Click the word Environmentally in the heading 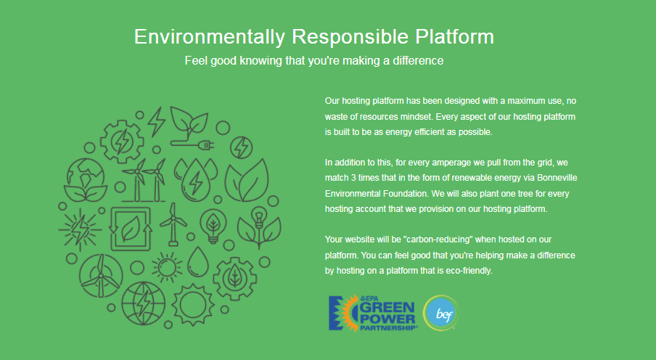pyautogui.click(x=210, y=37)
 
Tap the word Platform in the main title pyautogui.click(x=455, y=36)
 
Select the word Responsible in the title pyautogui.click(x=350, y=37)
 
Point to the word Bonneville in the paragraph pyautogui.click(x=557, y=178)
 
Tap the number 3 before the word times pyautogui.click(x=353, y=178)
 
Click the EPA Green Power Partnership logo pyautogui.click(x=372, y=313)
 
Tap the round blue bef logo pyautogui.click(x=441, y=313)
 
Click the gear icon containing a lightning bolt pyautogui.click(x=122, y=142)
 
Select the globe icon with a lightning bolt pyautogui.click(x=143, y=303)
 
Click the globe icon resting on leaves pyautogui.click(x=86, y=181)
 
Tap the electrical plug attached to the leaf pyautogui.click(x=206, y=145)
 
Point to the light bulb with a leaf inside pyautogui.click(x=213, y=226)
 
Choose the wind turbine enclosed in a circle pyautogui.click(x=101, y=275)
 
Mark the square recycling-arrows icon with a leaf pyautogui.click(x=130, y=229)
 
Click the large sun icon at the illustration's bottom pyautogui.click(x=192, y=305)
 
